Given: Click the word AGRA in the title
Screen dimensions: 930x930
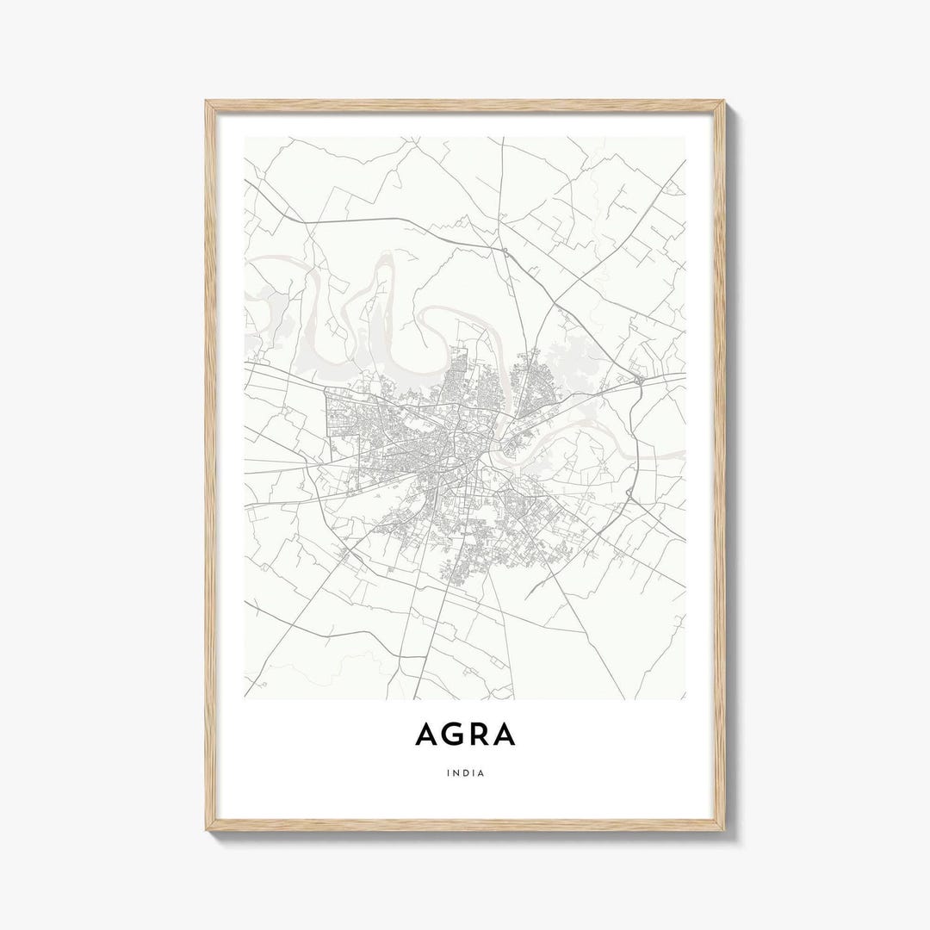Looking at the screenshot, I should click(465, 734).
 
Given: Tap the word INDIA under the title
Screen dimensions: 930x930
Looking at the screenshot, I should click(466, 772).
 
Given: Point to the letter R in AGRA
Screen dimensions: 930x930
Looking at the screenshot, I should click(477, 734).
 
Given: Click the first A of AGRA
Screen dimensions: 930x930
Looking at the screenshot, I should click(425, 734).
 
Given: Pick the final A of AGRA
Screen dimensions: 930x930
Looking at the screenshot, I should click(504, 734).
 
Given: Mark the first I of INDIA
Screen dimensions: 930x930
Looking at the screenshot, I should click(449, 772).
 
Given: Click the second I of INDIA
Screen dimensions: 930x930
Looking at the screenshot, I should click(474, 772).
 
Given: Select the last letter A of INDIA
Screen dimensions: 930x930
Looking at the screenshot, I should click(481, 772).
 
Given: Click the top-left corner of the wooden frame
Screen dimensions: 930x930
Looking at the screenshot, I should click(207, 102).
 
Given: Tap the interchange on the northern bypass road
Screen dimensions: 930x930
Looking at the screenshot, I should click(505, 251).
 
